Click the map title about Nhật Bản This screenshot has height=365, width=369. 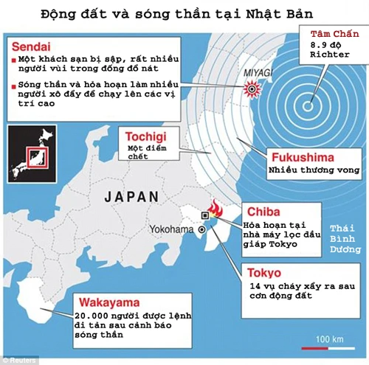pyautogui.click(x=184, y=13)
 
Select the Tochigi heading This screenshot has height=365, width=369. pyautogui.click(x=141, y=136)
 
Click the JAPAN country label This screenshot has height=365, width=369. pyautogui.click(x=131, y=197)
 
